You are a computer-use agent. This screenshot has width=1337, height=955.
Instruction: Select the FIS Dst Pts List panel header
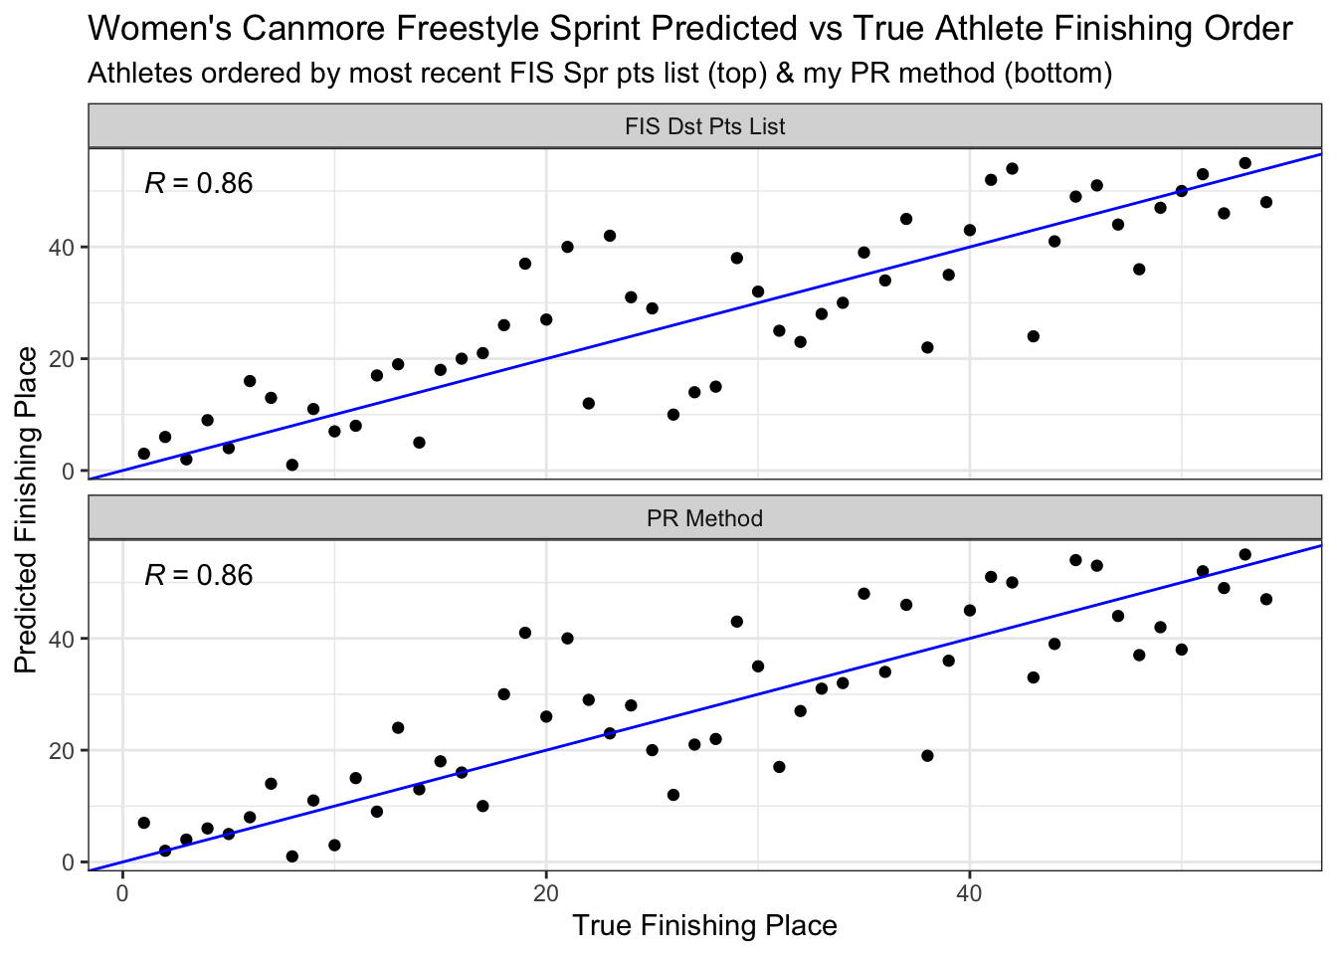(x=705, y=126)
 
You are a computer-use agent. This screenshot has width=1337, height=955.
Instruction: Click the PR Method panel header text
(x=705, y=518)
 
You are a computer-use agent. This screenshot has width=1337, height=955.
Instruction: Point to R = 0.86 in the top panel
(x=199, y=183)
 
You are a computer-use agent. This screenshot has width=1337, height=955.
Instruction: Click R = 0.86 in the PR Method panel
(x=199, y=575)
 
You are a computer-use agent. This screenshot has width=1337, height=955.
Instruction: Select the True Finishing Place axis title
(x=705, y=925)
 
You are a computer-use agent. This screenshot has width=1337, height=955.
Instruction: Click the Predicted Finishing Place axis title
(x=26, y=510)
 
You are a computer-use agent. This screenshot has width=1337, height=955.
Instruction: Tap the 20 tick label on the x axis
(x=545, y=893)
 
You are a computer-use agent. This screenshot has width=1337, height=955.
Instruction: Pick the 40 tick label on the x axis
(x=969, y=893)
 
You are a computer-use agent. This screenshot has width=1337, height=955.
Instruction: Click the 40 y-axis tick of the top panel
(x=61, y=247)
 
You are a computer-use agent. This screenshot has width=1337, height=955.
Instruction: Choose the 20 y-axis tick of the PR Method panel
(x=61, y=751)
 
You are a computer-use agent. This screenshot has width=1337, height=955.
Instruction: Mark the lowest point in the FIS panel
(x=291, y=465)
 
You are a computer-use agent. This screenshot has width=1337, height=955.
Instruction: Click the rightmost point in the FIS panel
(x=1266, y=202)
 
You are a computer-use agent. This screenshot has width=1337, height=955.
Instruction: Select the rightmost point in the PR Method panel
(x=1266, y=599)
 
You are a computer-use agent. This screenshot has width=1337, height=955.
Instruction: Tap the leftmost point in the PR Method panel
(x=144, y=823)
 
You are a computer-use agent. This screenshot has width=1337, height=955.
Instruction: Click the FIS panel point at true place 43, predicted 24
(x=1034, y=336)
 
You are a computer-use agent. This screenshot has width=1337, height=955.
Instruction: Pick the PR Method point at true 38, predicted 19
(x=927, y=756)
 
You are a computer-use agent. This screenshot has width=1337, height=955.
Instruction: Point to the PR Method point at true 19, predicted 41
(x=524, y=633)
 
